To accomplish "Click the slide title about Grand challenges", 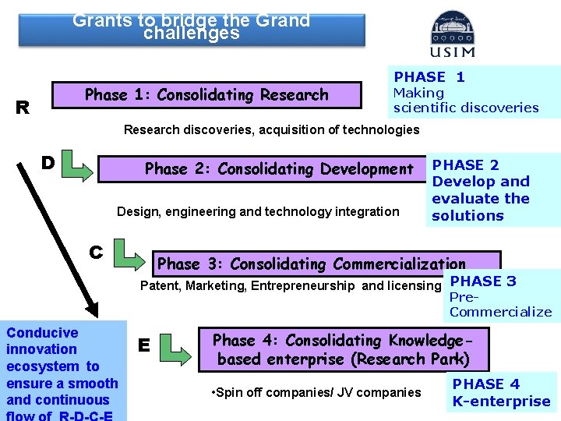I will point(192,27).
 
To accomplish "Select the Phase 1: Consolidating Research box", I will point(206,95).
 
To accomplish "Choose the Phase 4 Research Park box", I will point(343,350).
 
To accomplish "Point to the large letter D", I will point(48,163).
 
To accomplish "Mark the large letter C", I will point(96,252).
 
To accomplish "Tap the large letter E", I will point(143,344).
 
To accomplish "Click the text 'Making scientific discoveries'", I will point(465,100).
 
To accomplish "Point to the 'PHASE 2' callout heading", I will point(465,165).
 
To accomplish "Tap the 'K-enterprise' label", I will point(501,402).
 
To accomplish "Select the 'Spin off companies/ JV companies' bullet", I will point(316,392).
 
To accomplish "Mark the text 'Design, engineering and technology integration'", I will point(257,211).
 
